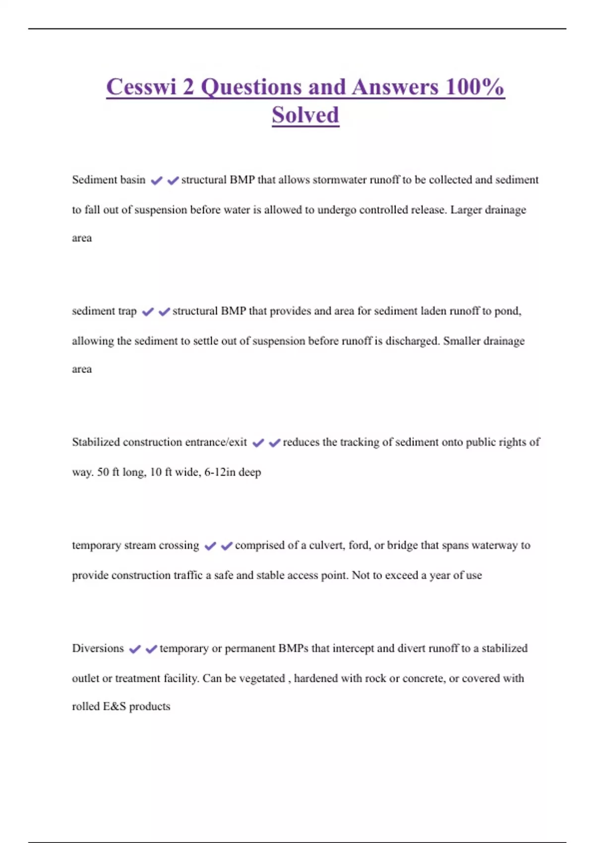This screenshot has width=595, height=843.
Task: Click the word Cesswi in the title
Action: point(141,87)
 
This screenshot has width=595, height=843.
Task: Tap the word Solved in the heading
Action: point(305,116)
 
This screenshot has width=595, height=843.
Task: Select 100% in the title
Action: point(475,87)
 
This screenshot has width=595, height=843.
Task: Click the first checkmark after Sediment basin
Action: point(157,181)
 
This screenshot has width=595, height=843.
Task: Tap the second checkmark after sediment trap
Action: point(164,311)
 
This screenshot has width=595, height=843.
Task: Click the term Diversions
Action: point(98,649)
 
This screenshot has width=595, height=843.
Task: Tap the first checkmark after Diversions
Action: point(134,649)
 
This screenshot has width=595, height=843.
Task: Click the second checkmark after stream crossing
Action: point(227,546)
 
